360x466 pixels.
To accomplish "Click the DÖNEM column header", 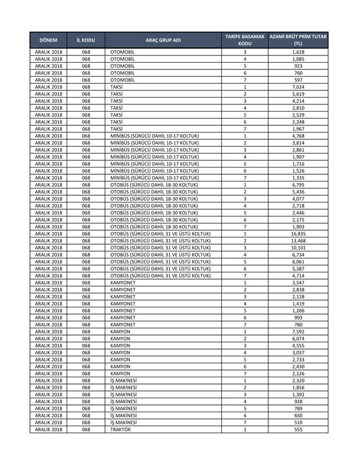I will pos(48,40).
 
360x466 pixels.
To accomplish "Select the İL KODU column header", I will pos(85,40).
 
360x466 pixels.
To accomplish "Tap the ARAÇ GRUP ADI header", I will pos(163,40).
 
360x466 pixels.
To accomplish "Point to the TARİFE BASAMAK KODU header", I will pos(245,40).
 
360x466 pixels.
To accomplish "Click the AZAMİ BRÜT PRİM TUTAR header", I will pos(298,40).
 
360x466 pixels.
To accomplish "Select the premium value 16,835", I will pos(298,234).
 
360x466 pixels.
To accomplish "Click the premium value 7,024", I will pos(298,87).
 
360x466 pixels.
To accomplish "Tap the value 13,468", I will pos(298,241).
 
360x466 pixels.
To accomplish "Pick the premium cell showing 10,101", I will pos(298,247).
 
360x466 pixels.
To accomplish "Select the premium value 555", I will pos(298,429).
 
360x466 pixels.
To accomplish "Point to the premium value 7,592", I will pos(298,332).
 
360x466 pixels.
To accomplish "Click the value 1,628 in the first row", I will pos(298,52).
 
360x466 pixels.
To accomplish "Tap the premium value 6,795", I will pos(298,185).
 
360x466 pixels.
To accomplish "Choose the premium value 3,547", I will pos(298,283).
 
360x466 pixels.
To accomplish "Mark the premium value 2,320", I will pos(298,381).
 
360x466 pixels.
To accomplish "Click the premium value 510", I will pos(298,422).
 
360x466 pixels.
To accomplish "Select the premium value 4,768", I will pos(298,136).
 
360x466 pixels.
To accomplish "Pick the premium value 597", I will pos(298,80).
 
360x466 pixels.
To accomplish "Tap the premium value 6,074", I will pos(298,338).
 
